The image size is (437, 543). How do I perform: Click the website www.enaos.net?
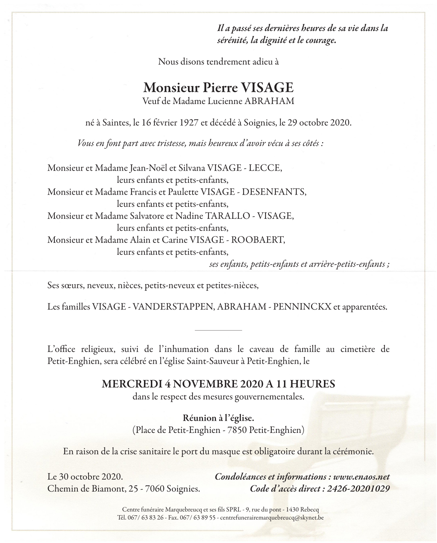pyautogui.click(x=361, y=477)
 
